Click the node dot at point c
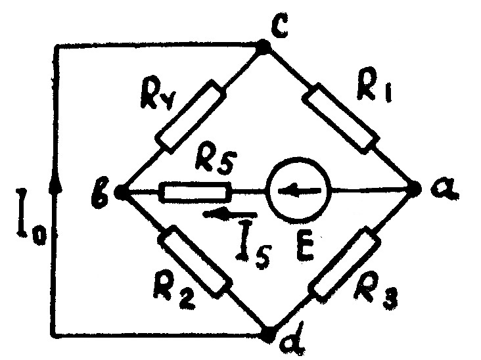point(263,47)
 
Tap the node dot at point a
point(415,190)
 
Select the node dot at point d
point(269,333)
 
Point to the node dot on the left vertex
point(121,192)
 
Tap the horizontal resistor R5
point(196,192)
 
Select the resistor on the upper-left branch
point(191,116)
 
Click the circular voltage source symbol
point(298,191)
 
